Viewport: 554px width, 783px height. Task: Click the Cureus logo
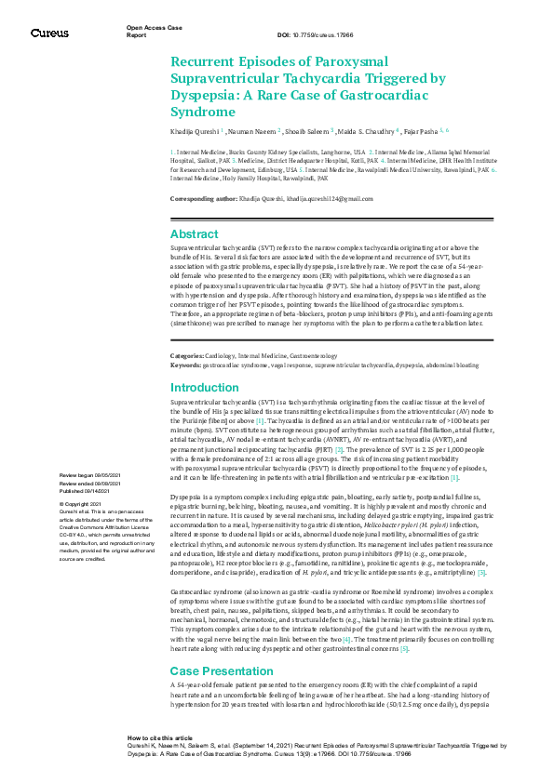point(49,33)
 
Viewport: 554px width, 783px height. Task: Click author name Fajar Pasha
point(415,132)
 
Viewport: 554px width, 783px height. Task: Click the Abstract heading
point(195,234)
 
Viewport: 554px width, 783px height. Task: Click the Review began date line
point(90,475)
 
